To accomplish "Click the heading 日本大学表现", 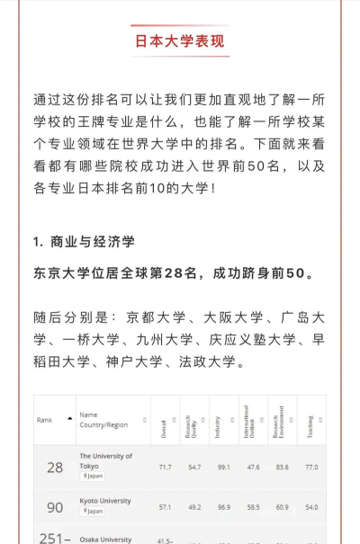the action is point(180,41).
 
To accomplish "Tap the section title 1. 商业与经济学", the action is point(84,243).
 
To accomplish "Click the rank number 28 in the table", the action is point(55,468).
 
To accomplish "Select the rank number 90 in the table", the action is point(55,508).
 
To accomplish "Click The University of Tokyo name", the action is point(107,461).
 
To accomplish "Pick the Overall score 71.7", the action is point(165,468).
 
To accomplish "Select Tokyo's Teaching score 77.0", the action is point(311,468).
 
